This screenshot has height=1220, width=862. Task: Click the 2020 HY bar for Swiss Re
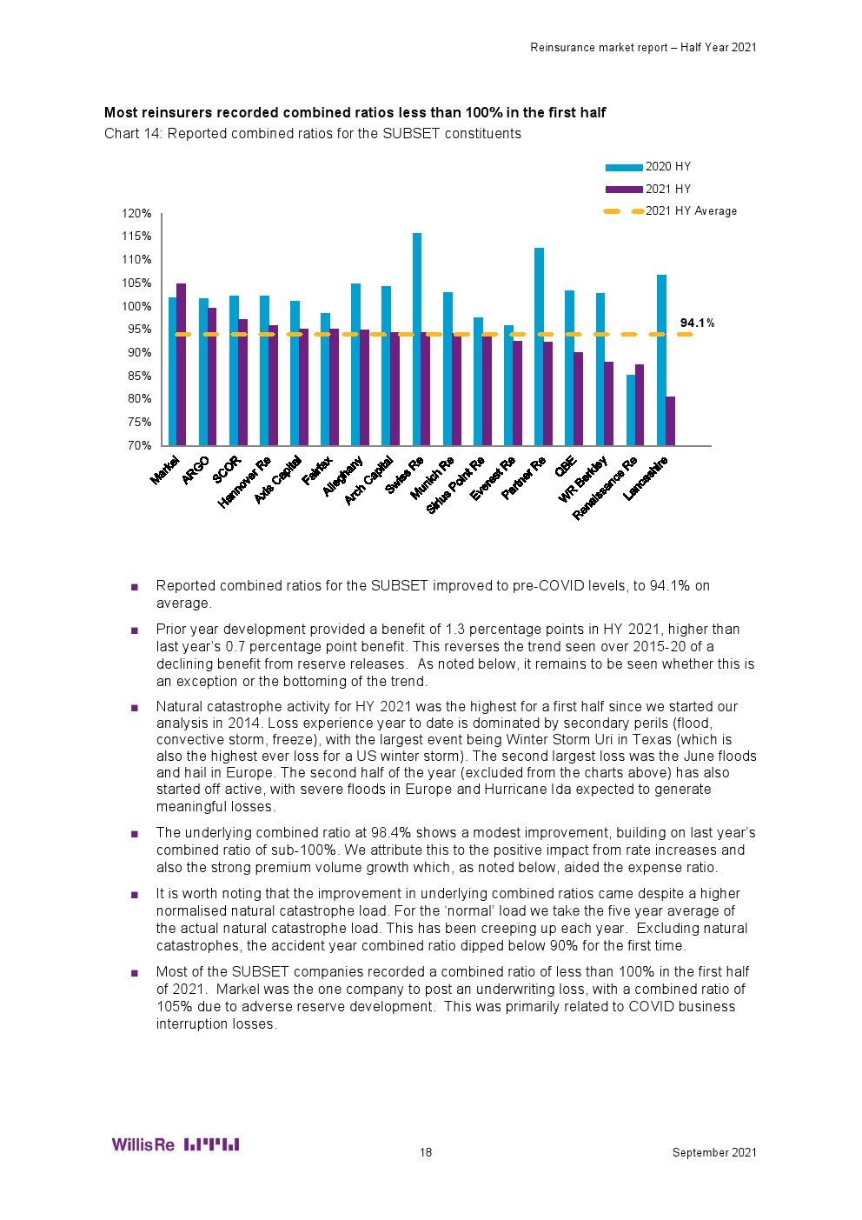pos(417,339)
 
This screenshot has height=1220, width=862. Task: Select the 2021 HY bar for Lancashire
pos(670,421)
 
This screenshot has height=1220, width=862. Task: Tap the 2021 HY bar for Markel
pos(182,364)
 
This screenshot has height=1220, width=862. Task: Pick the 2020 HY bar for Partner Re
pos(539,346)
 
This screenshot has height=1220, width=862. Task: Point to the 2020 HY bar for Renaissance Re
pos(631,410)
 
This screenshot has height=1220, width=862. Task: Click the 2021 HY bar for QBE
pos(579,398)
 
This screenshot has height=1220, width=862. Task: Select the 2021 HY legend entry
pos(667,189)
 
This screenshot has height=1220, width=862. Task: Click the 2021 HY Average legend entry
pos(690,211)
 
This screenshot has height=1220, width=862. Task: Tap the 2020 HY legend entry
pos(667,166)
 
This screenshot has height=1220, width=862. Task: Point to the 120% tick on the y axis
pos(136,213)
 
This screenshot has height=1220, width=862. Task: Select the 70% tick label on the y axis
pos(139,445)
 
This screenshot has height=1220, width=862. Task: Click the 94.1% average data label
pos(697,323)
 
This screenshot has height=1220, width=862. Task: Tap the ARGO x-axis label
pos(196,470)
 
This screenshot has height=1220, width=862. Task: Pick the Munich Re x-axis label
pos(433,477)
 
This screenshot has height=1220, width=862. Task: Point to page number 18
pos(426,1152)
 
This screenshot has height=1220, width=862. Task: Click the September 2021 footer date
pos(714,1152)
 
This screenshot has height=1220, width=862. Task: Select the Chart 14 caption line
pos(313,133)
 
